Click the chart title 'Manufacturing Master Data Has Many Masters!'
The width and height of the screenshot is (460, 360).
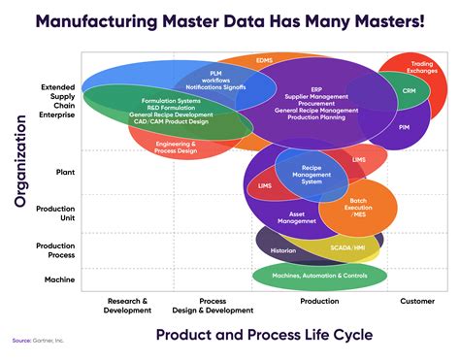click(x=230, y=19)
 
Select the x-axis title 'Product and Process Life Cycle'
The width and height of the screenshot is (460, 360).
click(x=263, y=335)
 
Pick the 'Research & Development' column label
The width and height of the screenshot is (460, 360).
click(x=127, y=305)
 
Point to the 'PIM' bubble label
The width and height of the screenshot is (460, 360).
click(x=405, y=127)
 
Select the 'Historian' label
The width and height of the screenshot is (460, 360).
click(x=283, y=250)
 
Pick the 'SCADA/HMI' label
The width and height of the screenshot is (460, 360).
click(x=345, y=248)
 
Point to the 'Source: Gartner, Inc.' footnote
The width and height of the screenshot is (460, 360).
click(x=37, y=341)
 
